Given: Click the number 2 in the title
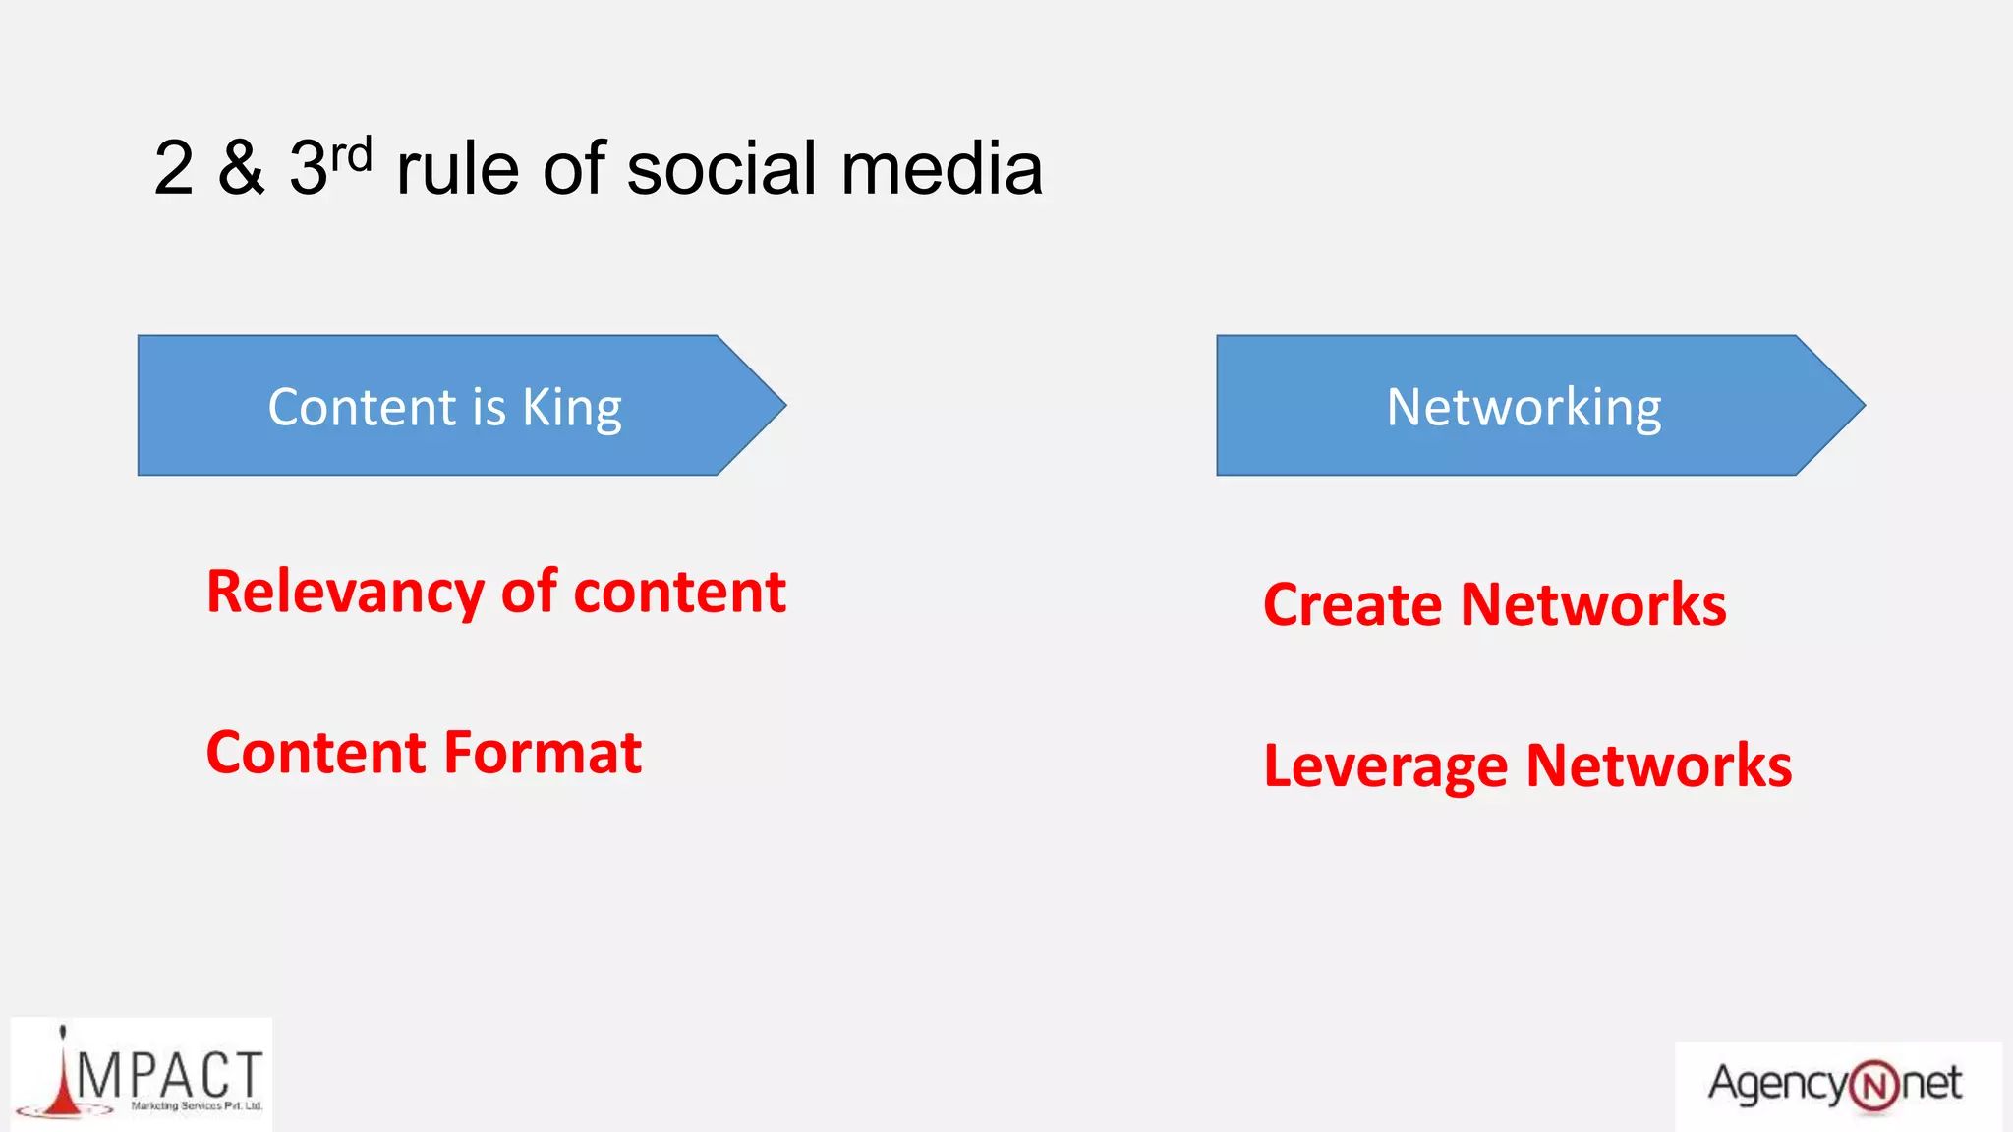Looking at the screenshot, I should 173,168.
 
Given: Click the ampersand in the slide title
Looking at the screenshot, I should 242,168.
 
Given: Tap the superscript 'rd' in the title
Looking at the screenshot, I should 351,155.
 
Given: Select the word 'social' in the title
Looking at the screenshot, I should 722,168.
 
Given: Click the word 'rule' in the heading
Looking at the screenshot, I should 457,168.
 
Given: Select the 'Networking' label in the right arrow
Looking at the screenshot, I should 1524,407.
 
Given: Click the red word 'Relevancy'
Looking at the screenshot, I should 345,593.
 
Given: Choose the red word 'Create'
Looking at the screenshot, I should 1352,604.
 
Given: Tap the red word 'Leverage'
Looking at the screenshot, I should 1385,766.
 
